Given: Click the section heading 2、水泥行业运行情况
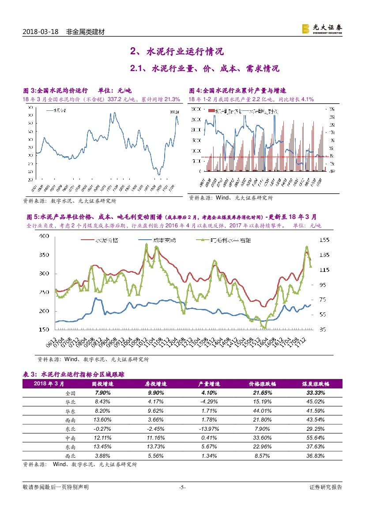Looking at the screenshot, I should click(177, 52).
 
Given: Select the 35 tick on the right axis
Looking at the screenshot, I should click(322, 330).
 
